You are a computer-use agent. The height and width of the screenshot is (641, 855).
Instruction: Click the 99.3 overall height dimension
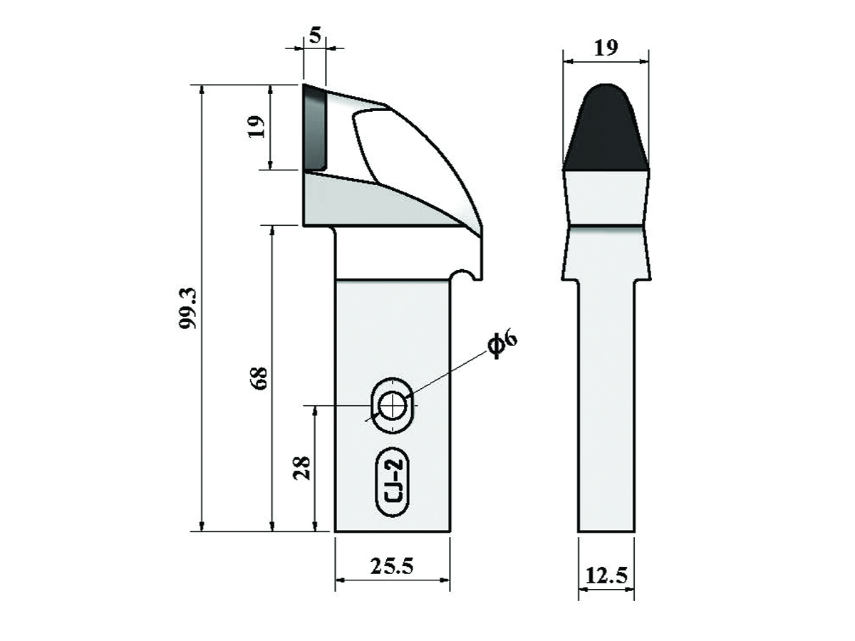click(x=189, y=308)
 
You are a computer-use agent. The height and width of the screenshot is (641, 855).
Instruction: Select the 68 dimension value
click(x=259, y=378)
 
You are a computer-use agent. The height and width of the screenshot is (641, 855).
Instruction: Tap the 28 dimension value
click(x=302, y=468)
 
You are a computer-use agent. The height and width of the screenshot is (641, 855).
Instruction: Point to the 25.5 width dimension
click(x=391, y=566)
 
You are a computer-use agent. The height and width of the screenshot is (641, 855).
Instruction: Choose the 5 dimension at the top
click(x=316, y=36)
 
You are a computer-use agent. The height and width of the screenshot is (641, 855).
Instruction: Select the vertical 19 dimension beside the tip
click(x=256, y=127)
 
